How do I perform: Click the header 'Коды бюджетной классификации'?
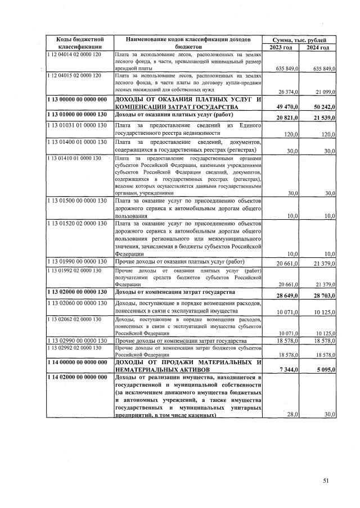[79, 43]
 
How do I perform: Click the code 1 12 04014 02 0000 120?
[74, 54]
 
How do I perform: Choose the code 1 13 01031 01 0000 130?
[74, 125]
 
